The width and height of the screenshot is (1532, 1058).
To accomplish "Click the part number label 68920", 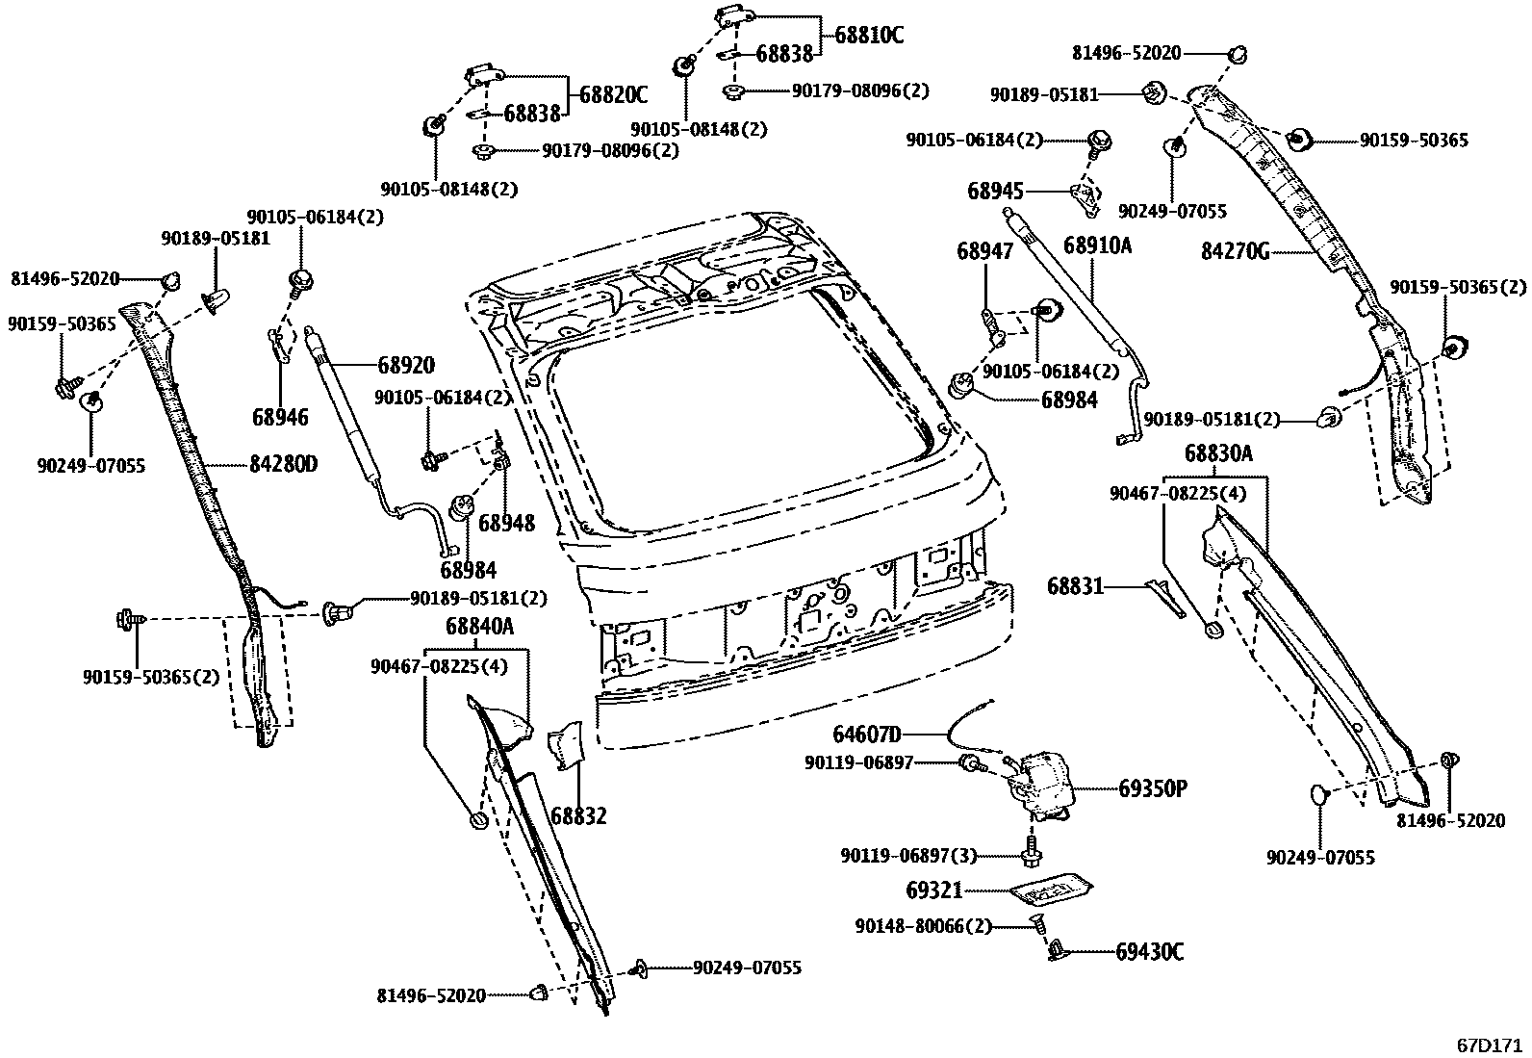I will click(405, 366).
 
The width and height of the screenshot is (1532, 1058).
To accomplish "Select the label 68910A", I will click(1097, 246).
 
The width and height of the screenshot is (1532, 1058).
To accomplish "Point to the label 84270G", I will click(1235, 252).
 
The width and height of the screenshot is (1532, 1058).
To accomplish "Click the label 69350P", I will click(1152, 789).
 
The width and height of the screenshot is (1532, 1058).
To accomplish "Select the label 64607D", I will click(866, 735).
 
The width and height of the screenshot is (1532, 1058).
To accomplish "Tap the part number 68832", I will click(578, 816).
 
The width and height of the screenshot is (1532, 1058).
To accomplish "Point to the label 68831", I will click(1075, 585).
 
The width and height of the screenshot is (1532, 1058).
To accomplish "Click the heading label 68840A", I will click(479, 627).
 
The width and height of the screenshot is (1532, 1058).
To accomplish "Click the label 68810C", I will click(869, 36).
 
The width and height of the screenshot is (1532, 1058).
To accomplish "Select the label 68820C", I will click(613, 94).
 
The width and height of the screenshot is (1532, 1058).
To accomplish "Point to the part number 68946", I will click(281, 417).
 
